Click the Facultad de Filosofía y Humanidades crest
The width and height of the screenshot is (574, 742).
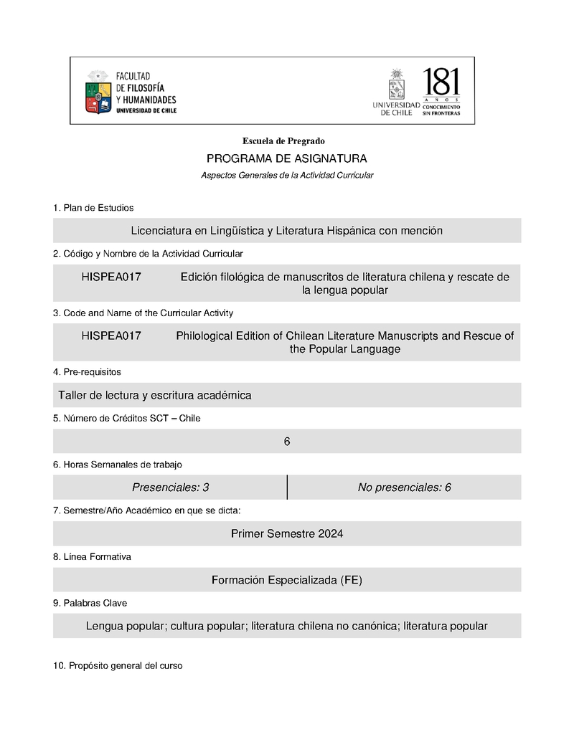pos(98,93)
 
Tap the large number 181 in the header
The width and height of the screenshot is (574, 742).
pos(441,84)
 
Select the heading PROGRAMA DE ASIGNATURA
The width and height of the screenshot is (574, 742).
pos(286,158)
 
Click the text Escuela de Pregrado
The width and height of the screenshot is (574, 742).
pos(283,141)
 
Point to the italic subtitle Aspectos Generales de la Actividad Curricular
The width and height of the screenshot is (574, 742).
pos(287,175)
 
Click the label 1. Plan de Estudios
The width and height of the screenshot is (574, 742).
pos(93,208)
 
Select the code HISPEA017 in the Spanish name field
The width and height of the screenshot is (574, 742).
pos(111,277)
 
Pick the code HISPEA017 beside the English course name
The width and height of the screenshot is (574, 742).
pos(111,336)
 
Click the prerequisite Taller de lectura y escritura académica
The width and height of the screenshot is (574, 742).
pos(155,395)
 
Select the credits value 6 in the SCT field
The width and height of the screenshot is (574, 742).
pos(287,442)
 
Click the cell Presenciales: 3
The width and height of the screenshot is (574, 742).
pos(170,487)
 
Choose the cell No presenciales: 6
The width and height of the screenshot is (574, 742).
pos(404,487)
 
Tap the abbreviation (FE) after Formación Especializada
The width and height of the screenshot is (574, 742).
pos(352,580)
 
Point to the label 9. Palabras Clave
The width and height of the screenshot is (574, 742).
pos(90,603)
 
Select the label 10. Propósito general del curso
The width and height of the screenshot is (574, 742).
pos(118,666)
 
